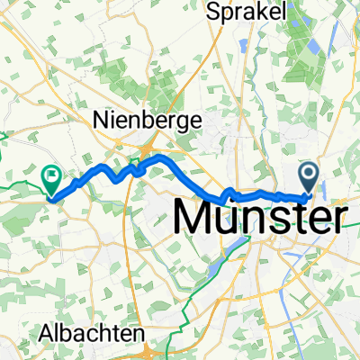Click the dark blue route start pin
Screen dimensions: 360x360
tap(309, 175)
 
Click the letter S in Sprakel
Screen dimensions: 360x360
tap(214, 12)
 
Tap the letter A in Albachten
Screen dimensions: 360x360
tap(46, 332)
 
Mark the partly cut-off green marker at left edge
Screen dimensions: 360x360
tap(3, 154)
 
